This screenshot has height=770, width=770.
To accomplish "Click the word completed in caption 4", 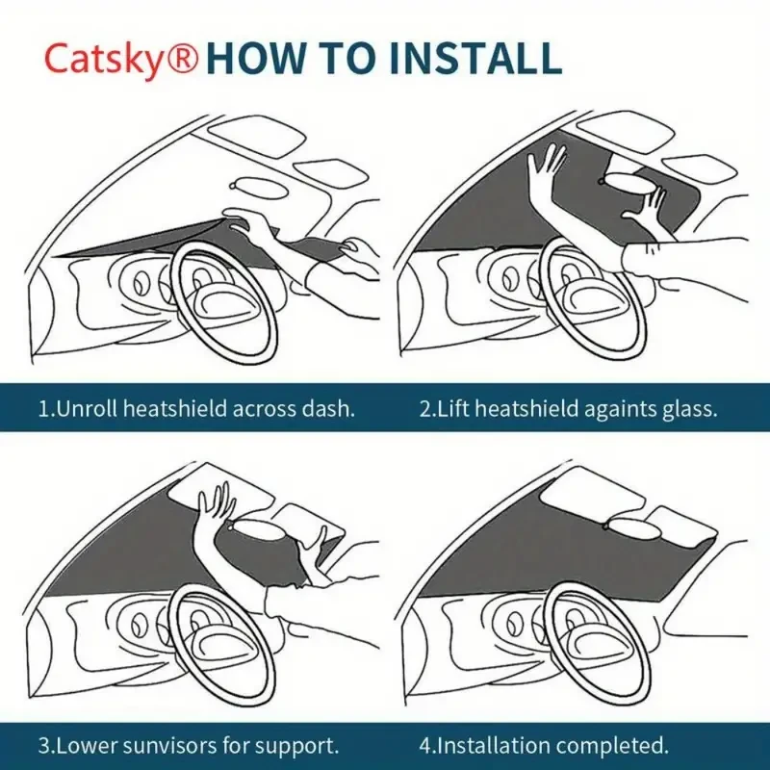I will pyautogui.click(x=615, y=745).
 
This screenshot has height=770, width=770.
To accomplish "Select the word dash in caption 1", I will pyautogui.click(x=330, y=408).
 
